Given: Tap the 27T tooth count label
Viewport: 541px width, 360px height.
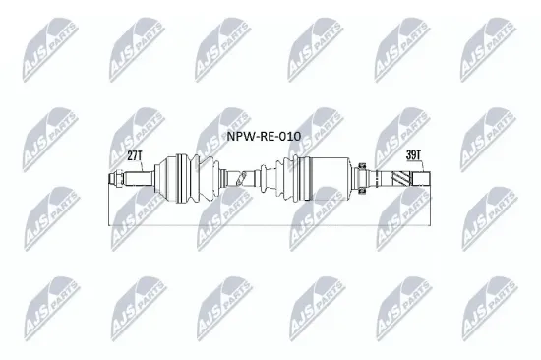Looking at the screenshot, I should pyautogui.click(x=135, y=154).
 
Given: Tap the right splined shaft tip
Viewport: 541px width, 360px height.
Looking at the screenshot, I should pyautogui.click(x=418, y=178).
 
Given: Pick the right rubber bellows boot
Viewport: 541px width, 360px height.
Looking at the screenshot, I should pyautogui.click(x=285, y=178).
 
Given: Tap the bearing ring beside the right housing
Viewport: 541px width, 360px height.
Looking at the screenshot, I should pyautogui.click(x=361, y=178).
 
